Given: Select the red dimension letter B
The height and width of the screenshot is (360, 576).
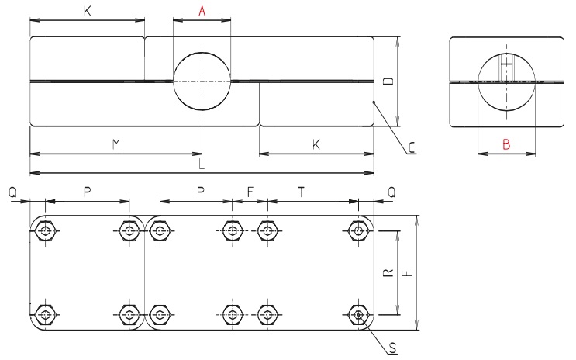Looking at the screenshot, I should click(506, 144).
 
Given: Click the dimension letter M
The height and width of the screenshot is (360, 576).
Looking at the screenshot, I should click(116, 144).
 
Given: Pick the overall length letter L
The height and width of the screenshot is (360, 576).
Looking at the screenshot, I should click(202, 164).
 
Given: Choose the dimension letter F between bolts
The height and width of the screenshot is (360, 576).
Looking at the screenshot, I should click(250, 191).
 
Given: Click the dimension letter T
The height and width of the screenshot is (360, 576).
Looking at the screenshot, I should click(302, 191).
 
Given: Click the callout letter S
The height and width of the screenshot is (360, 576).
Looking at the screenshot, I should click(393, 348).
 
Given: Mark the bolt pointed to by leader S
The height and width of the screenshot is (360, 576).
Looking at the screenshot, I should click(358, 314).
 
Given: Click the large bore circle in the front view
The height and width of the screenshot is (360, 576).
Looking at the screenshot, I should click(202, 81).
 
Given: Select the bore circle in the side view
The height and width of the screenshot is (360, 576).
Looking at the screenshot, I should click(506, 81).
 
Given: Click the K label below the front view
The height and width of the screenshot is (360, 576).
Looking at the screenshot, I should click(316, 144).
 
